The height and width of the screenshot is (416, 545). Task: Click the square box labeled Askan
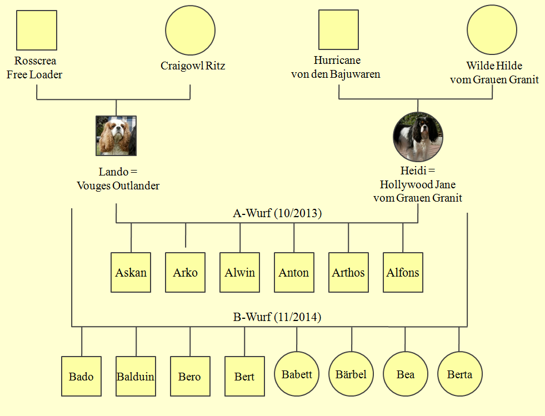(131, 272)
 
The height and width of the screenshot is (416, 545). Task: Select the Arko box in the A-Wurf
(185, 272)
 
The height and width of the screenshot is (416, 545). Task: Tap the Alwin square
(239, 272)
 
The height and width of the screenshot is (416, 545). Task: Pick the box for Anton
(294, 272)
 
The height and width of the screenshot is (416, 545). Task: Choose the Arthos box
(348, 272)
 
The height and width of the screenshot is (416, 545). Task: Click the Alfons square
(403, 272)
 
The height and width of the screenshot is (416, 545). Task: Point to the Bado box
(81, 376)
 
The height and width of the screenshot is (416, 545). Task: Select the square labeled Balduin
(136, 376)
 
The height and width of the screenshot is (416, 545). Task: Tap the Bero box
(190, 376)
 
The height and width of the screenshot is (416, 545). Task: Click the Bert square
(244, 376)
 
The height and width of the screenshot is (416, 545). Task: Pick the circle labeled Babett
(297, 374)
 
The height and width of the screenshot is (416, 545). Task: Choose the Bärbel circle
(351, 374)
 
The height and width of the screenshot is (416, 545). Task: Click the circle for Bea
(406, 374)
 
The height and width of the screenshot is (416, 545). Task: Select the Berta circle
(460, 374)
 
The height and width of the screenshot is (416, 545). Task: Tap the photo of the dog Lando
(116, 136)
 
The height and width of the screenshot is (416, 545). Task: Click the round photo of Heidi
(418, 137)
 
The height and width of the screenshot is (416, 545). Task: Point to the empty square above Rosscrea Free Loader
(37, 30)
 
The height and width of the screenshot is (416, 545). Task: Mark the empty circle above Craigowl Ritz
(191, 31)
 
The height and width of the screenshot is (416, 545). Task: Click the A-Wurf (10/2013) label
(277, 213)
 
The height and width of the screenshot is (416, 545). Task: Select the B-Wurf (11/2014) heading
(277, 318)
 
